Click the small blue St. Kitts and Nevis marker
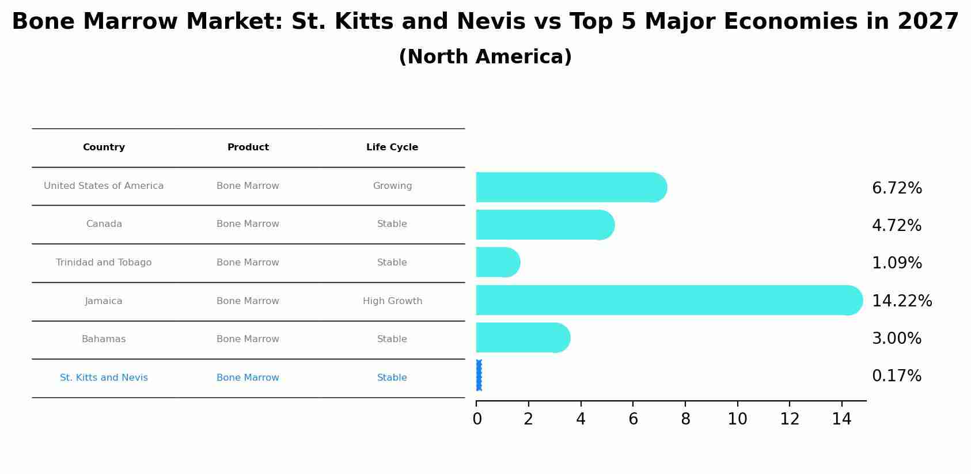(x=479, y=376)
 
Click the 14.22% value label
(x=901, y=301)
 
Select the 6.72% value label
(x=897, y=188)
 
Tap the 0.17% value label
(x=896, y=376)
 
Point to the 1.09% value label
(x=897, y=263)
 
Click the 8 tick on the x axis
(x=685, y=419)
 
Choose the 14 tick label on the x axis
(x=841, y=419)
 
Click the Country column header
(x=104, y=147)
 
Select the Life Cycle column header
(x=392, y=147)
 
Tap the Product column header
(x=248, y=147)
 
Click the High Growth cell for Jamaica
(x=392, y=301)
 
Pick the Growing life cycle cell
(x=392, y=186)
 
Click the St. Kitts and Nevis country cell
(x=104, y=378)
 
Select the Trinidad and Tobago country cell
(x=104, y=263)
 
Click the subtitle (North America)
(x=485, y=57)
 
